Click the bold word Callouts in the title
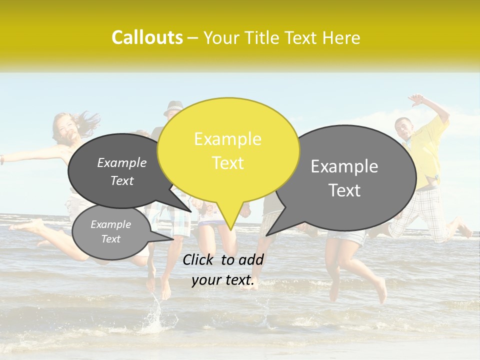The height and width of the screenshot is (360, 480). (147, 37)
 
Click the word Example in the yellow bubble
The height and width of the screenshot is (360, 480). (227, 139)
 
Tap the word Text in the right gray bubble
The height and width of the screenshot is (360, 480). (344, 190)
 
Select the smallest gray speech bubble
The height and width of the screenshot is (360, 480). (110, 232)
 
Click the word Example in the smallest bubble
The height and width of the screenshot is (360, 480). (110, 224)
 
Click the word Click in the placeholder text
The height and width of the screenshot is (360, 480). (199, 259)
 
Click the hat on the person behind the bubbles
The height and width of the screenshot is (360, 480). (174, 106)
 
